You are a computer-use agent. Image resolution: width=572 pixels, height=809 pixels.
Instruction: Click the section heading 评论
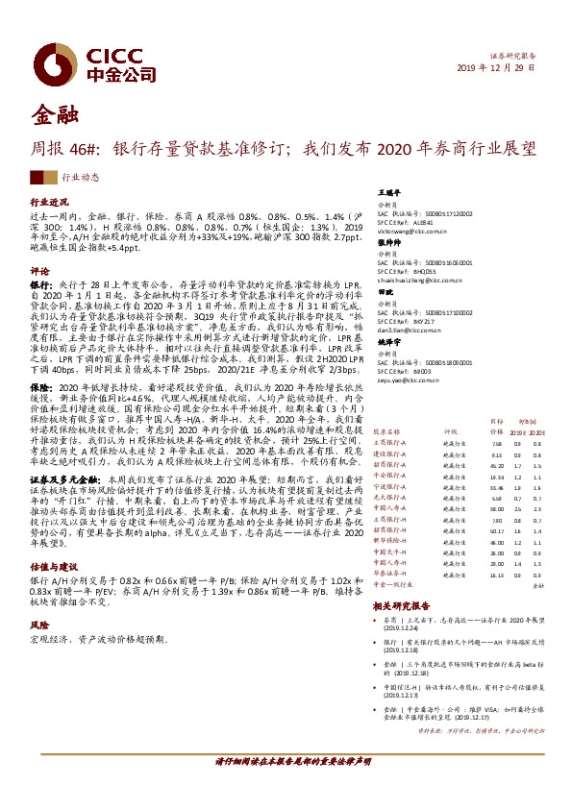(39, 271)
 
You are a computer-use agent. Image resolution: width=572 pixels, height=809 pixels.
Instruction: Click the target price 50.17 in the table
(468, 529)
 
